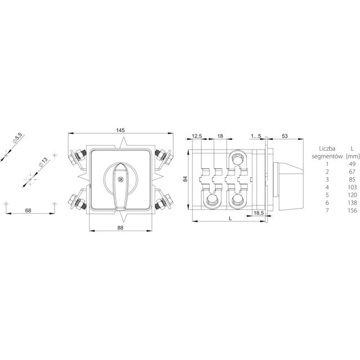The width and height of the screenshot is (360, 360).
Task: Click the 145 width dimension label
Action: coord(120,130)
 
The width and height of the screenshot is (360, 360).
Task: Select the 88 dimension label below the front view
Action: coord(120,227)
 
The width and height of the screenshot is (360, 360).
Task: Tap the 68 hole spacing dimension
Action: coord(28,210)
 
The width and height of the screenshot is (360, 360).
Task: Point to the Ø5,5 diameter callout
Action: coord(17,138)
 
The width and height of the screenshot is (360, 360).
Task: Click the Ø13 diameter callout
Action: coord(43,162)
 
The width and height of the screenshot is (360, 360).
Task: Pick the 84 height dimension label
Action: coord(185,179)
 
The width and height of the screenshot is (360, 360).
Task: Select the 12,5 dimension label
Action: coord(196,136)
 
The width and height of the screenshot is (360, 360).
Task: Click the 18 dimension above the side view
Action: coord(220,136)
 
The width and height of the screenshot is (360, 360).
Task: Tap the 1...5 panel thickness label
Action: coord(256,136)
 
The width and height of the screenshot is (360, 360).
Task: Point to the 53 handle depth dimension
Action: coord(285,136)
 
